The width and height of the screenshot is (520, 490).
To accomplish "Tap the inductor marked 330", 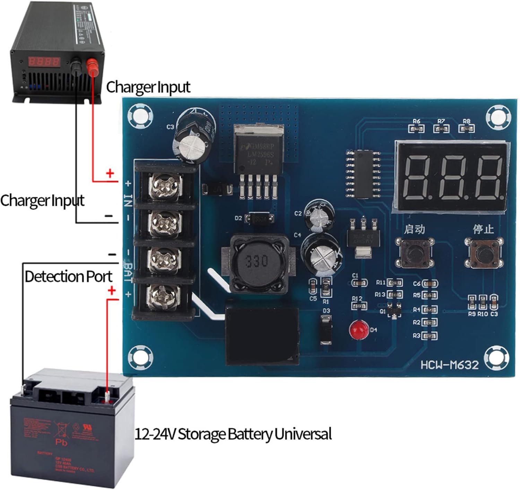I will (x=258, y=262).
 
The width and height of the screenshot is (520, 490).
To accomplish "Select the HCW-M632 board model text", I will (x=449, y=365).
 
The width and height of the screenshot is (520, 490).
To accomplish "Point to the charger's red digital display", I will (x=44, y=62).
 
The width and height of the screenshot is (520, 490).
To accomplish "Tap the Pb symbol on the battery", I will (x=61, y=442).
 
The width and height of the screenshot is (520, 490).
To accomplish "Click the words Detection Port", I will (x=68, y=276).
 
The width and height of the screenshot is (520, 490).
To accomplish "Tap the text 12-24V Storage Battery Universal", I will (x=233, y=434).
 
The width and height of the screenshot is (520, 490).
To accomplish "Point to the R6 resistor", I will (x=416, y=129).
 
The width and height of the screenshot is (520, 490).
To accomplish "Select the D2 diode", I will (x=259, y=219).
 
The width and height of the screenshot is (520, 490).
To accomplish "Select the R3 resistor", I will (x=429, y=336).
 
